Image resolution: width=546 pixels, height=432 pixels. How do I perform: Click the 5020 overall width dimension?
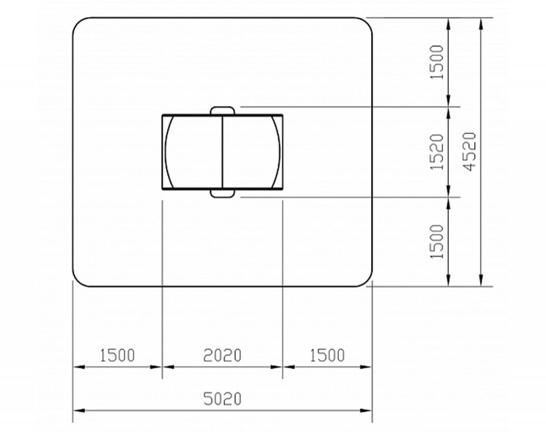(222, 399)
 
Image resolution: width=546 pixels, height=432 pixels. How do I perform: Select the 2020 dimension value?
(222, 355)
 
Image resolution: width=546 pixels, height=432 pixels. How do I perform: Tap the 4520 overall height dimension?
(470, 152)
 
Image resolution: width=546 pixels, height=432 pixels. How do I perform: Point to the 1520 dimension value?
(437, 152)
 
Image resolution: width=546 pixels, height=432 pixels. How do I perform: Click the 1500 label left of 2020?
(118, 355)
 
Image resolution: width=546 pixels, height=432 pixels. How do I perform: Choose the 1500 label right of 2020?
(327, 355)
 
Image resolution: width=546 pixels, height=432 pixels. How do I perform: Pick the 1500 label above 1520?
(437, 62)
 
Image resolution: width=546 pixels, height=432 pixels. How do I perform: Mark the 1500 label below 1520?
(437, 242)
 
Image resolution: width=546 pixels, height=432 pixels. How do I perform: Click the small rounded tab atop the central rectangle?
(222, 111)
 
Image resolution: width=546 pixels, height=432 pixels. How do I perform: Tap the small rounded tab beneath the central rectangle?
(222, 193)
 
